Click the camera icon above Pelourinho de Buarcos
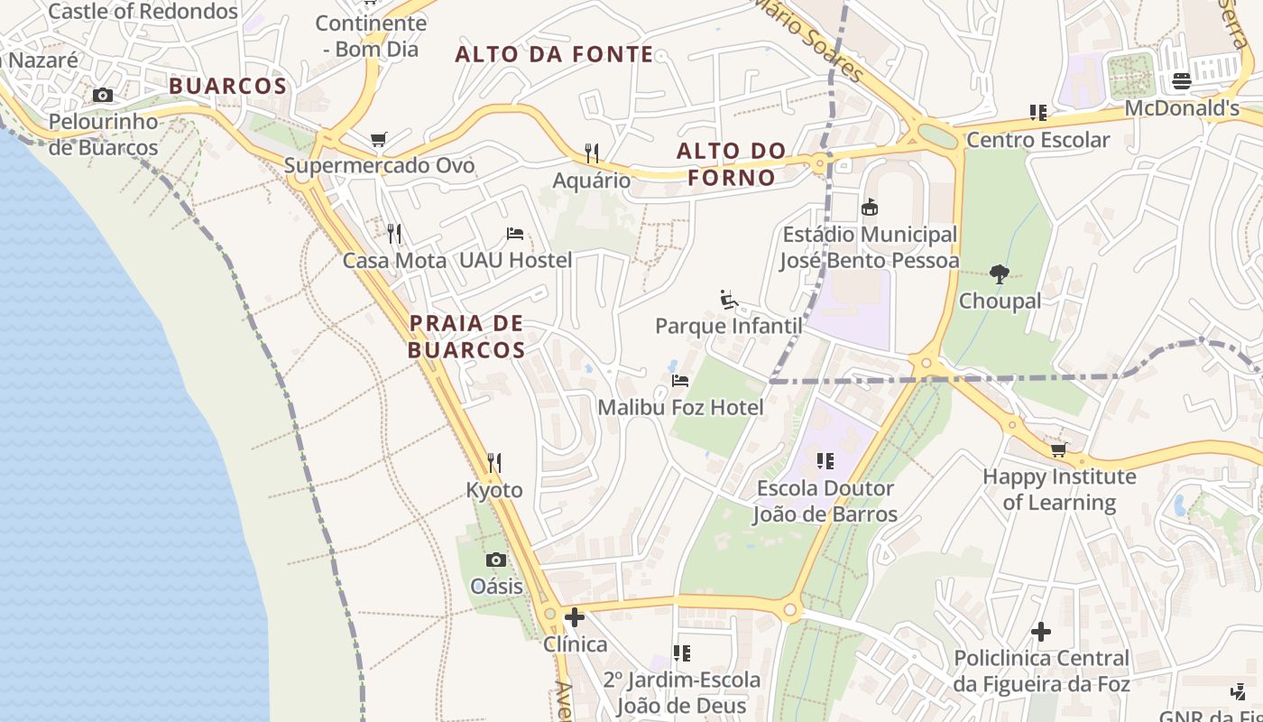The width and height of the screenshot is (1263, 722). click(103, 95)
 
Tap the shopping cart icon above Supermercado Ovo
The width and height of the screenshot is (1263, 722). click(379, 139)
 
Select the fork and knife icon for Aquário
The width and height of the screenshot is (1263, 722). click(592, 153)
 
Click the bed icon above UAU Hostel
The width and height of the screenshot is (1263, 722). click(515, 234)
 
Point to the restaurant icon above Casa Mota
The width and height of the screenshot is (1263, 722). click(394, 234)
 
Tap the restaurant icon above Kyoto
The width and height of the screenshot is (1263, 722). click(493, 463)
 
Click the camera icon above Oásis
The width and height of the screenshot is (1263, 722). click(496, 560)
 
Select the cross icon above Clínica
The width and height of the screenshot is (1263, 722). click(575, 617)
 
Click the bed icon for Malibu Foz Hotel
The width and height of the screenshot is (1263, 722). click(680, 380)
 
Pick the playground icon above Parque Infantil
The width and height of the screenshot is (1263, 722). click(729, 299)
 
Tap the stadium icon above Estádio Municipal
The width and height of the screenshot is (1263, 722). click(870, 208)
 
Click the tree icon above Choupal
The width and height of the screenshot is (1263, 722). click(999, 273)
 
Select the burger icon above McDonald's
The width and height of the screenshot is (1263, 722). click(1182, 81)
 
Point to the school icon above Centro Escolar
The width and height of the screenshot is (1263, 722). click(1038, 113)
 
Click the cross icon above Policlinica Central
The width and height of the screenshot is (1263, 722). click(1041, 632)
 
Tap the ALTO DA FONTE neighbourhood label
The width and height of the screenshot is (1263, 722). click(554, 54)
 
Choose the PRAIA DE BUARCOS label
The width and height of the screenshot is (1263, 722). click(466, 336)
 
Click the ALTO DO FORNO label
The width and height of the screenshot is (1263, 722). click(732, 163)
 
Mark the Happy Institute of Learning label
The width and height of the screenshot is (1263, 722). click(1059, 488)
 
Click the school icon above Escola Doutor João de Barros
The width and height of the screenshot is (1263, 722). click(825, 461)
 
